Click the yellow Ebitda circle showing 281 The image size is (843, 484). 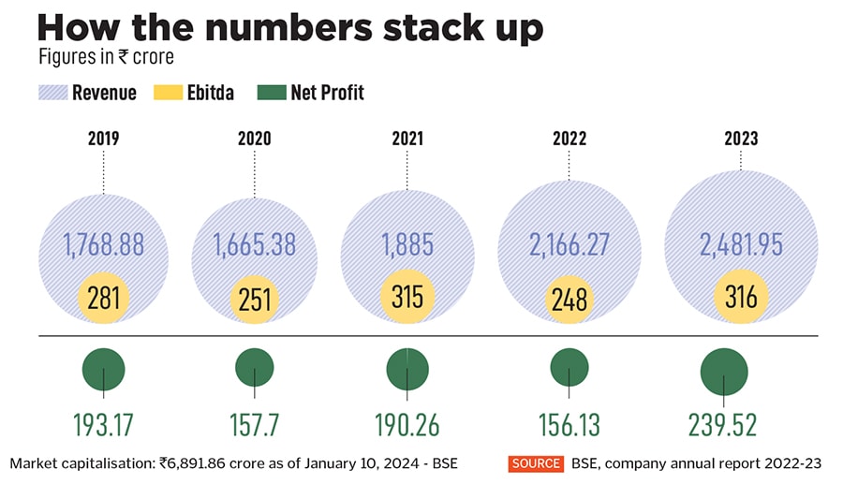pyautogui.click(x=103, y=297)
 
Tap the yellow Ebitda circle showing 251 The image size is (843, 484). pyautogui.click(x=254, y=299)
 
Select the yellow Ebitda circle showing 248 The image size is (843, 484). pyautogui.click(x=569, y=299)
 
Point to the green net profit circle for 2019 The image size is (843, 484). pyautogui.click(x=103, y=367)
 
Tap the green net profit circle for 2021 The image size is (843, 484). pyautogui.click(x=408, y=368)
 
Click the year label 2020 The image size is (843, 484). pyautogui.click(x=254, y=139)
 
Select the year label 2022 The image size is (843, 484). pyautogui.click(x=569, y=139)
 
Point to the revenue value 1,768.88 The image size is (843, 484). pyautogui.click(x=103, y=245)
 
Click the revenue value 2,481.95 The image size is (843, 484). pyautogui.click(x=741, y=245)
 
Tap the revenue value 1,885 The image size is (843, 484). pyautogui.click(x=407, y=245)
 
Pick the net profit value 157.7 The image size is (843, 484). pyautogui.click(x=254, y=424)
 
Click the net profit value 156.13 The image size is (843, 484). pyautogui.click(x=569, y=424)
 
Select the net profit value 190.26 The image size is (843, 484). pyautogui.click(x=408, y=424)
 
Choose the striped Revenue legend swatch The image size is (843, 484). pyautogui.click(x=51, y=93)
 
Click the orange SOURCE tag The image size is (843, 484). pyautogui.click(x=536, y=463)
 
